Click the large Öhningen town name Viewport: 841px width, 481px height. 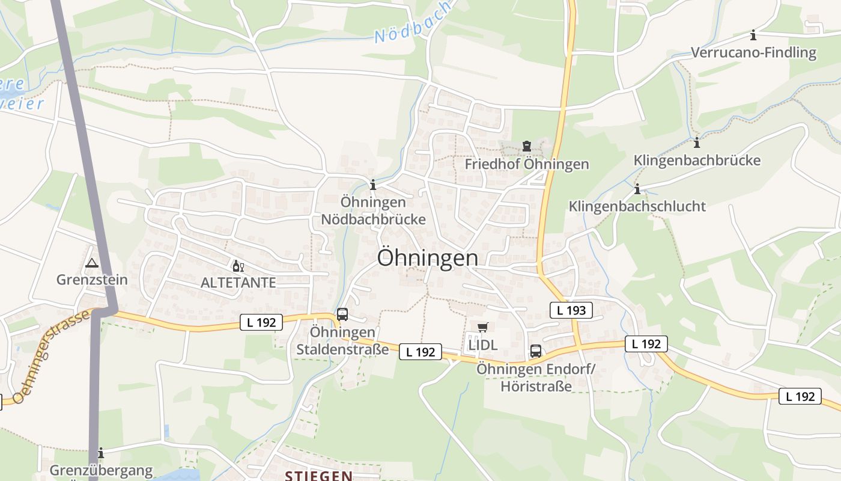coord(428,258)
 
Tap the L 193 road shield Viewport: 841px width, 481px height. coord(571,310)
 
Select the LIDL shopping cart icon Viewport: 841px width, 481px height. coord(482,328)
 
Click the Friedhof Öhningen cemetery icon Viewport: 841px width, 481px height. coord(527,146)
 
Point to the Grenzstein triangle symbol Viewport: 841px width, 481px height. coord(91,263)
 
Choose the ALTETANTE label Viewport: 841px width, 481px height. coord(238,283)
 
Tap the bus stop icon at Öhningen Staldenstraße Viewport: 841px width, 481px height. coord(342,314)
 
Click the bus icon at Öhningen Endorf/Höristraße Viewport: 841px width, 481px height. coord(535,351)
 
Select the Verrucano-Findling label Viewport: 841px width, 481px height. coord(753,53)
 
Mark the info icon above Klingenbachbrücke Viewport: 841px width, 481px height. coord(697,143)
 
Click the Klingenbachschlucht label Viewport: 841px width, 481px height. coord(637,206)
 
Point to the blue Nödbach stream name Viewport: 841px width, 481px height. coord(413,23)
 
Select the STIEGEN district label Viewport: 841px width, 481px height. coord(318,476)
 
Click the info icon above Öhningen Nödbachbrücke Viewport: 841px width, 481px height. coord(373,185)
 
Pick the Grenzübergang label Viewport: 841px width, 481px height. coord(101,470)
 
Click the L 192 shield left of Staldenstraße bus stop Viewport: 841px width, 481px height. coord(261,322)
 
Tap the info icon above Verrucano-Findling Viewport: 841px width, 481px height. coord(753,35)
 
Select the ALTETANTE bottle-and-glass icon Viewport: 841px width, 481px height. coord(238,266)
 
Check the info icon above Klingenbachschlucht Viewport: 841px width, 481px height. coord(637,189)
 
